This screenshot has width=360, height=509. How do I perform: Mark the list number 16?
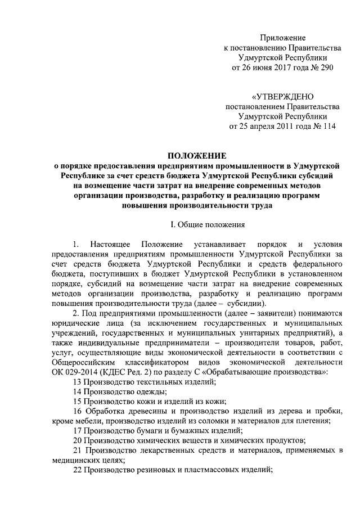pyautogui.click(x=78, y=416)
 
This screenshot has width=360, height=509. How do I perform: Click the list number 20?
pyautogui.click(x=78, y=449)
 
